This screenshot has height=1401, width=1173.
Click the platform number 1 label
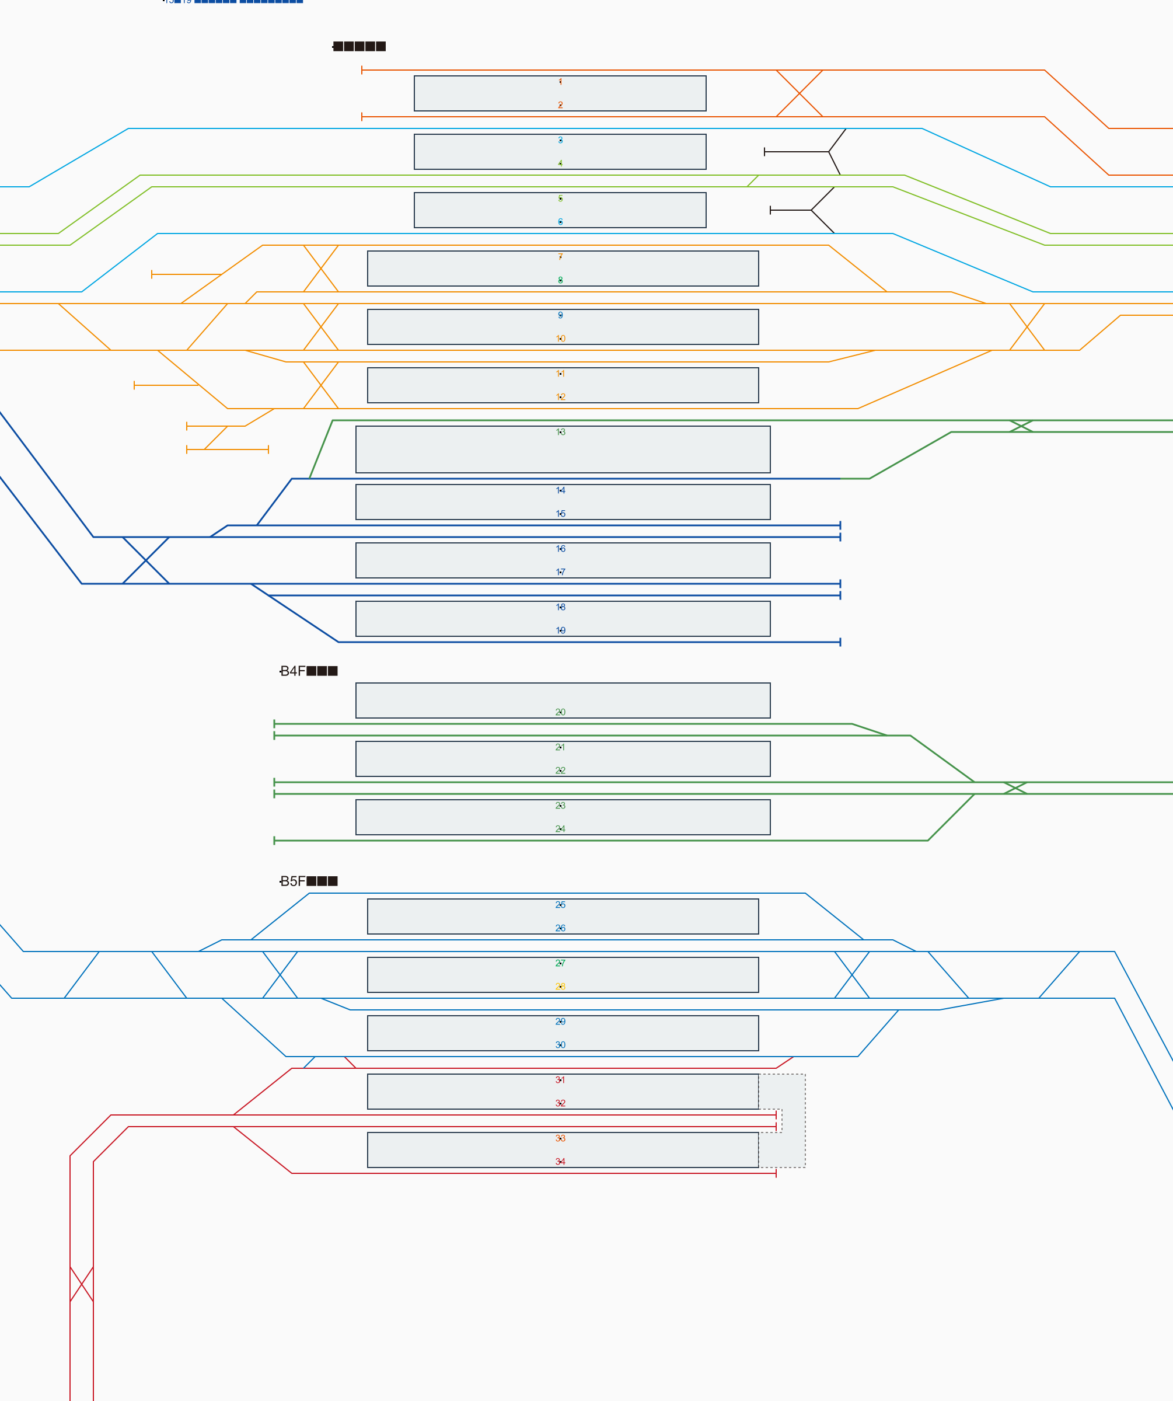pyautogui.click(x=560, y=81)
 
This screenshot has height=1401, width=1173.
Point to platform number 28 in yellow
pyautogui.click(x=560, y=986)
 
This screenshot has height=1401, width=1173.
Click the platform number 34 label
pyautogui.click(x=560, y=1162)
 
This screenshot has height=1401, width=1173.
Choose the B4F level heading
pyautogui.click(x=308, y=671)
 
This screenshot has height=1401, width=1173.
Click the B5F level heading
pyautogui.click(x=308, y=881)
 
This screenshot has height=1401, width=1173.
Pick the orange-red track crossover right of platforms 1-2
pyautogui.click(x=799, y=93)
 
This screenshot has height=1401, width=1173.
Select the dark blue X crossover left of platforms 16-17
pyautogui.click(x=145, y=560)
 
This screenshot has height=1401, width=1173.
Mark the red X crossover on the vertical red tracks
pyautogui.click(x=81, y=1284)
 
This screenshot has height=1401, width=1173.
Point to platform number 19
pyautogui.click(x=560, y=630)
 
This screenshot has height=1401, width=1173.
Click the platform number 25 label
pyautogui.click(x=560, y=905)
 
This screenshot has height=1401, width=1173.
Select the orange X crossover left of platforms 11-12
pyautogui.click(x=321, y=385)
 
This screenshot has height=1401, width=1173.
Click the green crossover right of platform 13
pyautogui.click(x=1020, y=426)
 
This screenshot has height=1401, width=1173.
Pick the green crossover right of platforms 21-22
pyautogui.click(x=1015, y=788)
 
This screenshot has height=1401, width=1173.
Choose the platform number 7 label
pyautogui.click(x=560, y=256)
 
